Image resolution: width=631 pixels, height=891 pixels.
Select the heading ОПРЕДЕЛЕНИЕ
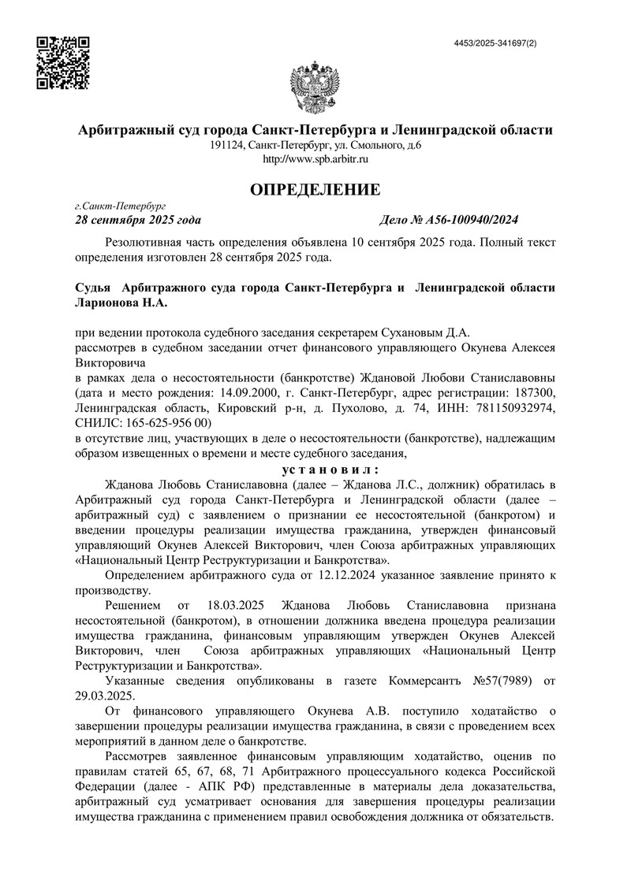(x=315, y=189)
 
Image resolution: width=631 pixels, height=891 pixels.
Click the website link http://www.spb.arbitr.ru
(x=315, y=159)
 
